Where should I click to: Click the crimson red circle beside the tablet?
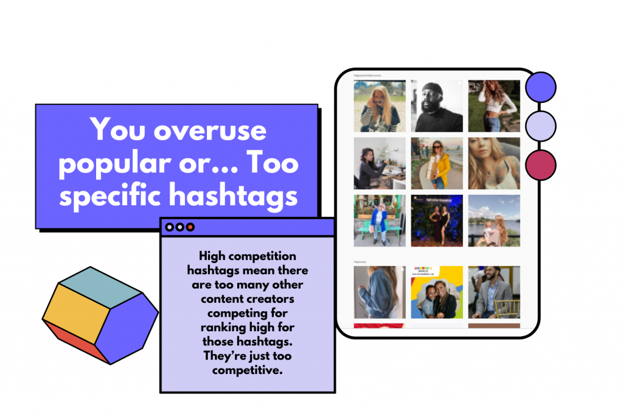[x=541, y=165]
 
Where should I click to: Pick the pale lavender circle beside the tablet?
[x=541, y=126]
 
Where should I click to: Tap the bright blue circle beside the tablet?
[x=541, y=88]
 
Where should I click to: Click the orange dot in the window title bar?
[x=190, y=227]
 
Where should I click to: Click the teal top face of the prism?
[x=101, y=285]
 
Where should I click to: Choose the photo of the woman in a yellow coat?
[x=436, y=163]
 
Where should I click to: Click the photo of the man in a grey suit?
[x=494, y=292]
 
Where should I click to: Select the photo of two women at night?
[x=436, y=220]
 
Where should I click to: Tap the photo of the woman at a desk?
[x=380, y=163]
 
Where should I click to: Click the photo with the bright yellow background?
[x=436, y=292]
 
